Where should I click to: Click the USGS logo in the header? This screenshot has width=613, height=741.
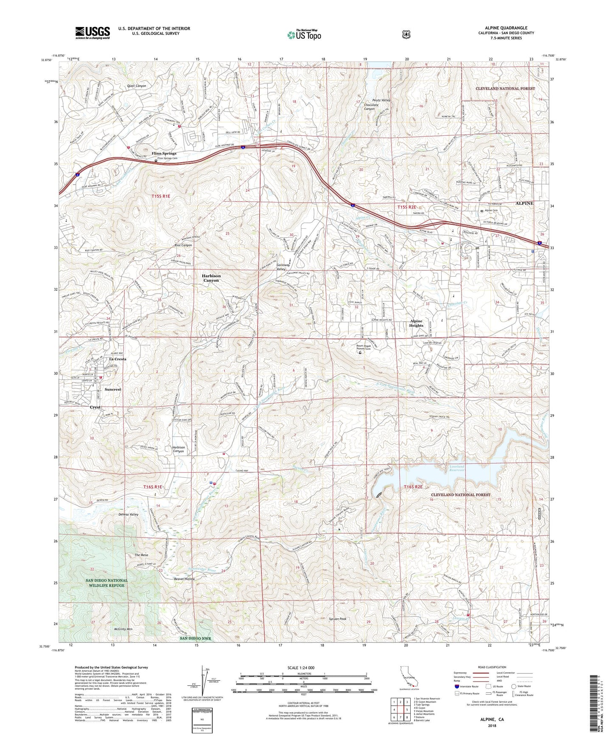[92, 32]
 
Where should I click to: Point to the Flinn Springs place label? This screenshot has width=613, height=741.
[164, 153]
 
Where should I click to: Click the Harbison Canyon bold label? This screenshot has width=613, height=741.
[211, 278]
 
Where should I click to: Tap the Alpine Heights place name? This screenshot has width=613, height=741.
[416, 323]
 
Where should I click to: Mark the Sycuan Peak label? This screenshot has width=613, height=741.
[338, 619]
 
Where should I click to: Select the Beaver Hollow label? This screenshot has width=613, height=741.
[184, 579]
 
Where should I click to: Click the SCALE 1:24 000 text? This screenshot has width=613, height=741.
[301, 668]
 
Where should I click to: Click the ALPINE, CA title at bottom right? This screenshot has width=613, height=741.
[492, 719]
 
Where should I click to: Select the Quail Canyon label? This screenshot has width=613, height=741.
[136, 86]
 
